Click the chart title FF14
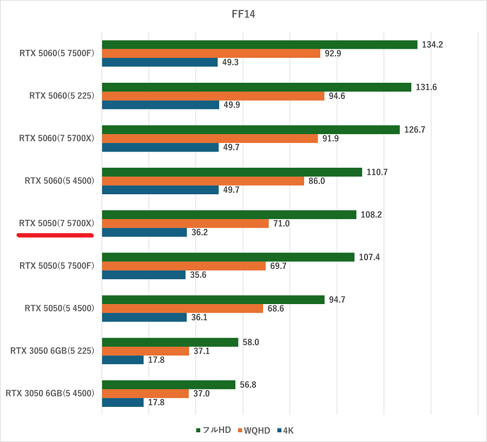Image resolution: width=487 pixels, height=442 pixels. pos(243,15)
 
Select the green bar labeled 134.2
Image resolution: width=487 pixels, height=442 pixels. pos(259,44)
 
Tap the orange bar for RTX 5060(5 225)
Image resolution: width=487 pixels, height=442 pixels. pos(213,96)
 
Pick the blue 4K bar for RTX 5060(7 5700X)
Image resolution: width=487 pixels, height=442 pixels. pos(160,147)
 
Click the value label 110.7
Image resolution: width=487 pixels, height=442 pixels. pos(377,172)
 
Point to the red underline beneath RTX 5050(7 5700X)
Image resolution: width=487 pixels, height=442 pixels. pos(55,235)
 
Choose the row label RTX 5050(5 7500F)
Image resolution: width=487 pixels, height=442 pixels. pos(57,266)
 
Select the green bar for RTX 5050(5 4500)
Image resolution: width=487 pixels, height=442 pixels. pos(213,300)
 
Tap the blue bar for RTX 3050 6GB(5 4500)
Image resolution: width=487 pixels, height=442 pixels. pos(122,403)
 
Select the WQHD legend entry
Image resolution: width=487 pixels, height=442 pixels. pos(253,430)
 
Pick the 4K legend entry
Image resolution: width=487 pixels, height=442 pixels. pos(285,430)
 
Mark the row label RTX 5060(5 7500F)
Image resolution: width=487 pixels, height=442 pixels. pos(57,53)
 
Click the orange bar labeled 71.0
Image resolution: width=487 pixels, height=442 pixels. pos(185,223)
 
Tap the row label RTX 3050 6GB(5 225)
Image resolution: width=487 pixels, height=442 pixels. pos(52,351)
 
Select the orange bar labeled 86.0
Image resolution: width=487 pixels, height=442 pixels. pos(203,181)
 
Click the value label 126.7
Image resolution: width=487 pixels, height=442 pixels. pos(414,130)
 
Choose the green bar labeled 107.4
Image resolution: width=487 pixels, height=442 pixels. pos(228,257)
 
